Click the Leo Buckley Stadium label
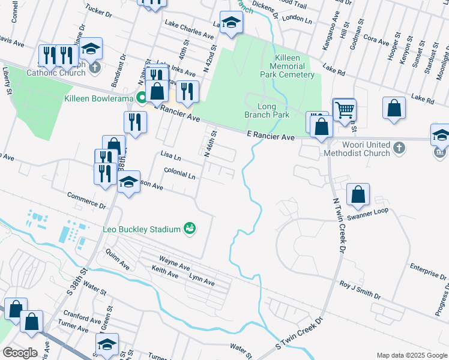pyautogui.click(x=142, y=229)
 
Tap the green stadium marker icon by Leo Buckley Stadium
pyautogui.click(x=190, y=228)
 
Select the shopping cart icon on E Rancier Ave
pyautogui.click(x=344, y=109)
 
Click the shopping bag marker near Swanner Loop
pyautogui.click(x=358, y=194)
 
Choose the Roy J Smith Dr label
pyautogui.click(x=360, y=288)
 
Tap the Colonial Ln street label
pyautogui.click(x=179, y=174)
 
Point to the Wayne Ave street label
pyautogui.click(x=174, y=263)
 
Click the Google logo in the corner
pyautogui.click(x=20, y=352)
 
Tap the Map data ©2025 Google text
pyautogui.click(x=411, y=355)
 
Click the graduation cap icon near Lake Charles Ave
pyautogui.click(x=231, y=22)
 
